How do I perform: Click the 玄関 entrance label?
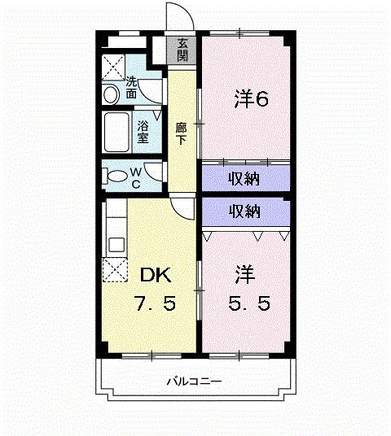(x=182, y=50)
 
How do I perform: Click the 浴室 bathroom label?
(x=143, y=132)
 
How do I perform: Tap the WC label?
(x=135, y=177)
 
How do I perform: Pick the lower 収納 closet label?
(x=244, y=211)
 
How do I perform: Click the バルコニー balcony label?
(x=195, y=381)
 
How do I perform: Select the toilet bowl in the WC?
(x=115, y=176)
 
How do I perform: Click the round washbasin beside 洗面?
(x=112, y=94)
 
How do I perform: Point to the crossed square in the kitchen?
(x=114, y=269)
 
